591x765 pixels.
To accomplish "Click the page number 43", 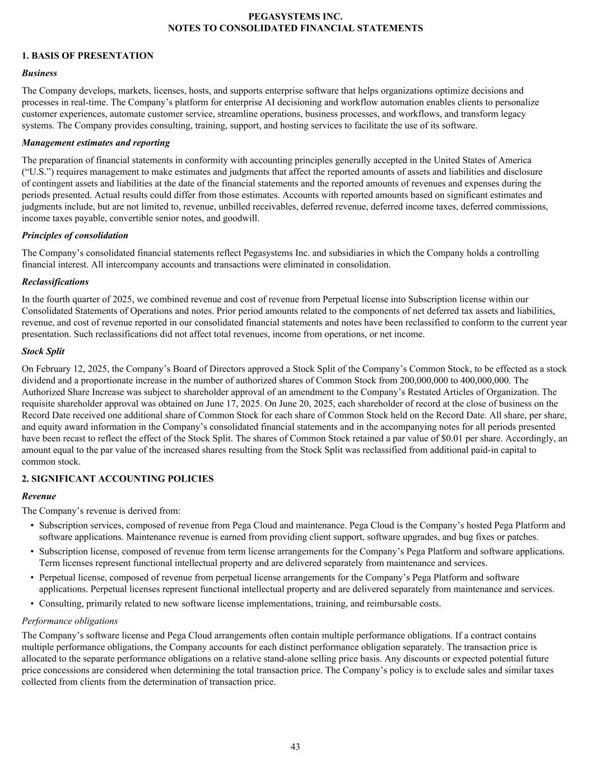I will [x=295, y=747].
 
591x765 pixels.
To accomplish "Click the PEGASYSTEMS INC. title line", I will [x=295, y=16].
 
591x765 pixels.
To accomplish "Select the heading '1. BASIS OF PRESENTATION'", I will [x=87, y=55].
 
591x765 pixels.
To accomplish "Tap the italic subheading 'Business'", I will [x=39, y=73].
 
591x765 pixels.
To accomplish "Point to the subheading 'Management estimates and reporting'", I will [x=96, y=142].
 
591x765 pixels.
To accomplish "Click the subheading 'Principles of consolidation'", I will [x=75, y=235].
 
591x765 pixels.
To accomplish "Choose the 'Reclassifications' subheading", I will [x=55, y=282].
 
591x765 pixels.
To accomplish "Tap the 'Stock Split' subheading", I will [x=43, y=351].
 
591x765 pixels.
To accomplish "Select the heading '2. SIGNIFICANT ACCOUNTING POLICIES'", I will [x=118, y=479].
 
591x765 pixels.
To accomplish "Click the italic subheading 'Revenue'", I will [x=39, y=496].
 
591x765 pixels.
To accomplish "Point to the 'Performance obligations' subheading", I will [x=69, y=621].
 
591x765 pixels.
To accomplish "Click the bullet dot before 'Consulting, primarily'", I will [x=32, y=604].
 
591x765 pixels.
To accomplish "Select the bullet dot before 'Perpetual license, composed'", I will [x=32, y=578].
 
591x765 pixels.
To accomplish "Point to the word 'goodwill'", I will [x=241, y=218].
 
